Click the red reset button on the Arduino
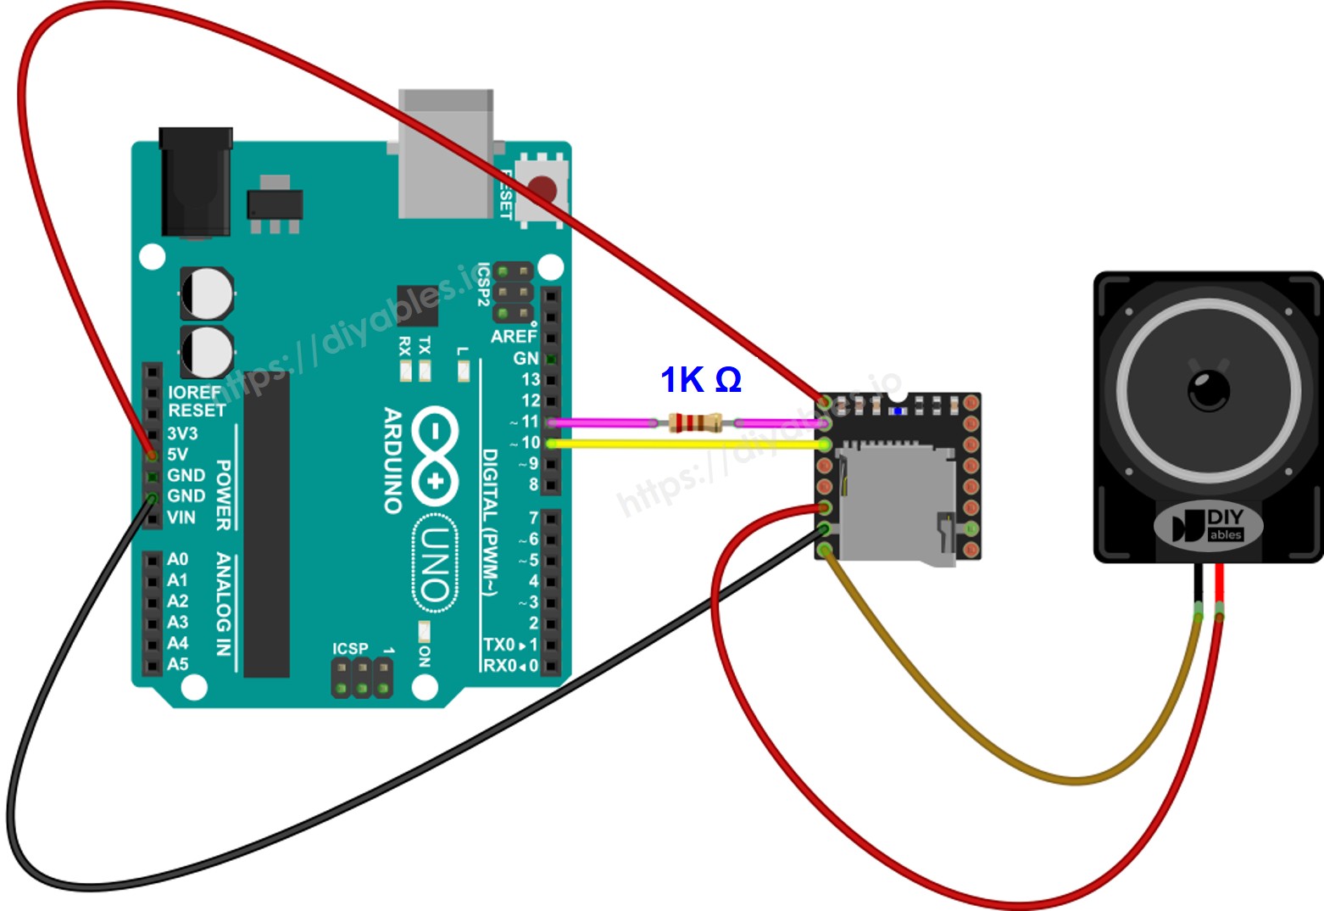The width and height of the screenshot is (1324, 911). click(x=542, y=188)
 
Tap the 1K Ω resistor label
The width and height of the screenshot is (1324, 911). click(x=700, y=380)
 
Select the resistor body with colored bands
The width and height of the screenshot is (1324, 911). click(x=694, y=422)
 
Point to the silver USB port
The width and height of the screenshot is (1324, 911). click(x=445, y=153)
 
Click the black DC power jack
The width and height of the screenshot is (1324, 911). click(x=196, y=182)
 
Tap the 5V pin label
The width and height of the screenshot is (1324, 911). click(x=177, y=454)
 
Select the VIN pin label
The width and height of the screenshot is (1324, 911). click(x=181, y=517)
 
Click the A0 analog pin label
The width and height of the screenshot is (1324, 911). click(x=177, y=559)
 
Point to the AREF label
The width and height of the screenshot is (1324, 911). click(x=513, y=337)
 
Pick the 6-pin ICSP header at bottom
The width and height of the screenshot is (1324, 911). click(x=362, y=678)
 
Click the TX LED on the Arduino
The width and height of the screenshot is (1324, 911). click(x=425, y=370)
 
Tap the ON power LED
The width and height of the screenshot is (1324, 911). click(x=425, y=632)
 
